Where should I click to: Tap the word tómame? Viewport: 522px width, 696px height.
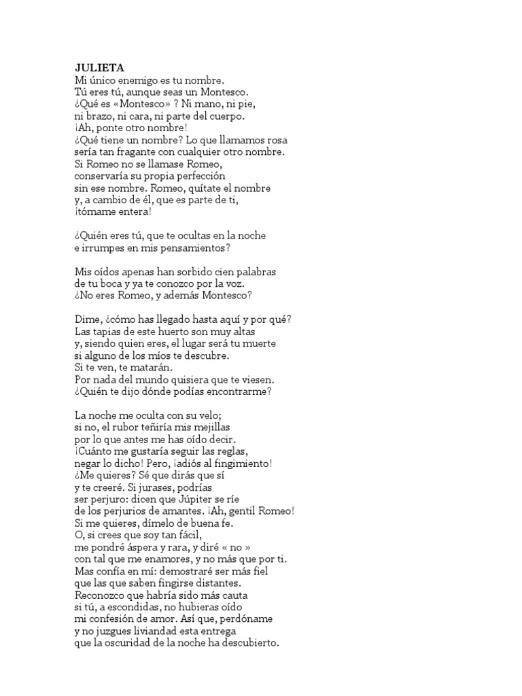tap(99, 211)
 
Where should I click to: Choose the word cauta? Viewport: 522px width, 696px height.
tap(237, 594)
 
